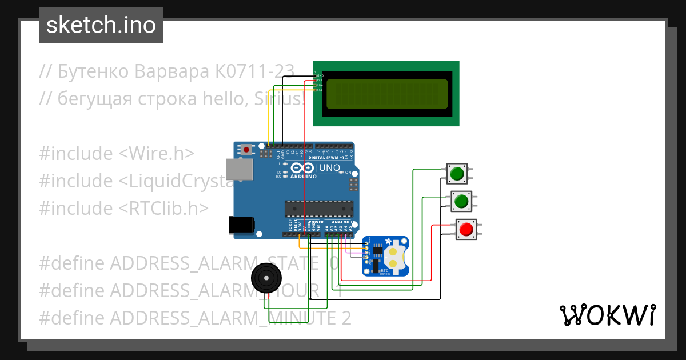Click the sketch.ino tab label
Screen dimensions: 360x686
[x=101, y=25]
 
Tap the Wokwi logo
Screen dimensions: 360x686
[x=607, y=315]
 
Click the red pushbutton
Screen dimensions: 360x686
[x=465, y=229]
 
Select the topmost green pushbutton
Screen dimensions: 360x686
[x=457, y=173]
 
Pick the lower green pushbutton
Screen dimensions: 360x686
[x=461, y=201]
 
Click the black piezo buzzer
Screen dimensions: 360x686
[x=266, y=278]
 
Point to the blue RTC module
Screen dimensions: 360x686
[x=386, y=257]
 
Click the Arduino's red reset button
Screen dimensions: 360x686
[x=246, y=150]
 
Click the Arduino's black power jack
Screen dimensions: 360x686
[x=240, y=225]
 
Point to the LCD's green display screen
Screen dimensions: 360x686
[x=386, y=94]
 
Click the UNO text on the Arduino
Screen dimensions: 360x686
[x=329, y=169]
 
